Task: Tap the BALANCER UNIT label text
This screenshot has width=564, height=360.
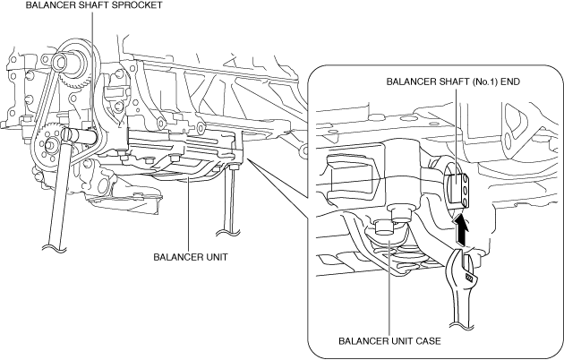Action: coord(190,256)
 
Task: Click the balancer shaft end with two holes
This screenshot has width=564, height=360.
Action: coord(457,189)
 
